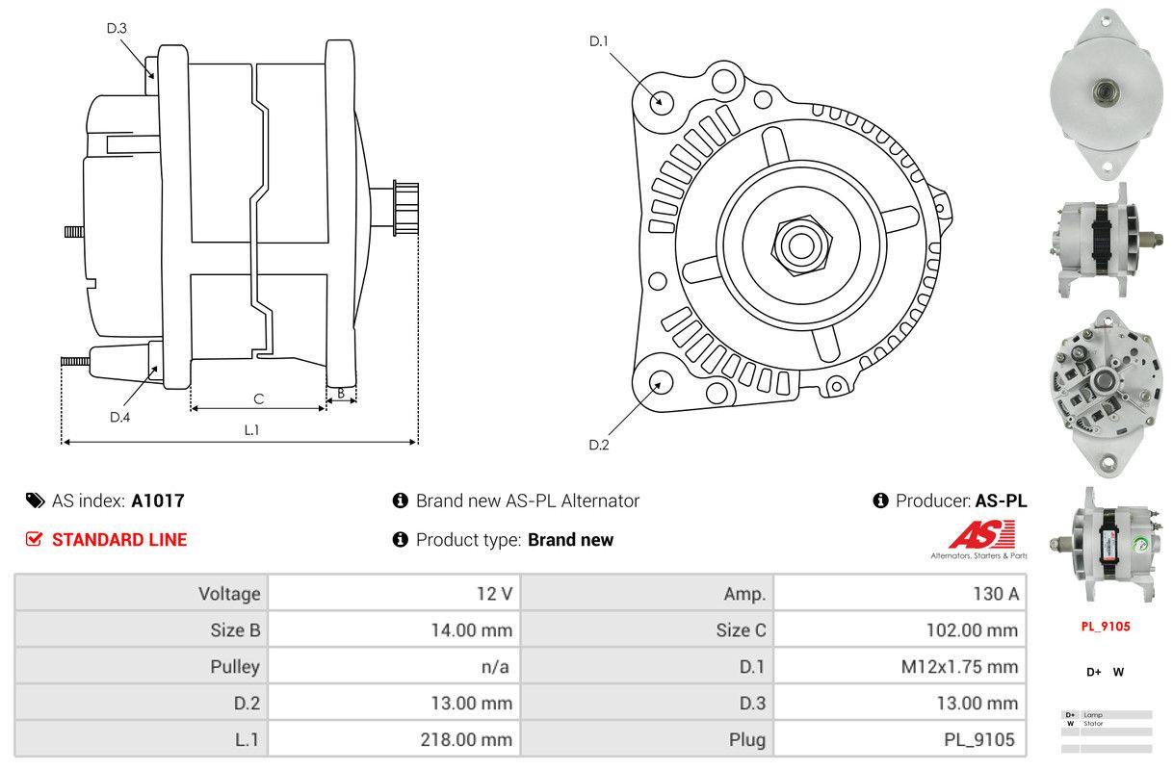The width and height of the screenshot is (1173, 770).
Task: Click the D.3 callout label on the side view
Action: tap(117, 28)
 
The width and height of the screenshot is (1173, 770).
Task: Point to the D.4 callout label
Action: tap(119, 417)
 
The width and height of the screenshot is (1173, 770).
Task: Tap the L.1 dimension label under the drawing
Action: tap(251, 430)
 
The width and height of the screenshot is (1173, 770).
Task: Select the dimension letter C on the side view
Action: tap(258, 398)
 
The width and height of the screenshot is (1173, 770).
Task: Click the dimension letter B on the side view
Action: tap(341, 393)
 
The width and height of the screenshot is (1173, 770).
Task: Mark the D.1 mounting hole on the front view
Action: tap(661, 101)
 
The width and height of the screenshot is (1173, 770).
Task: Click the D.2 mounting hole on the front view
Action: tap(660, 381)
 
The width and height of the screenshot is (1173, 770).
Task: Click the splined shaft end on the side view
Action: tap(405, 208)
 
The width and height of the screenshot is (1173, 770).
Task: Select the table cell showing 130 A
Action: tap(900, 593)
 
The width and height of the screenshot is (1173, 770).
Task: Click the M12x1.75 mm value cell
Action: tap(900, 666)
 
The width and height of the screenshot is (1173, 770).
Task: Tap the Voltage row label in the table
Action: tap(142, 593)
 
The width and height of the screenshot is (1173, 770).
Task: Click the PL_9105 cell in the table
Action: tap(900, 739)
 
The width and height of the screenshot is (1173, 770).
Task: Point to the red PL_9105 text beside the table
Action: tap(1105, 626)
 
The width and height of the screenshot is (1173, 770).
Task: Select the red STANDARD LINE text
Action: tap(119, 539)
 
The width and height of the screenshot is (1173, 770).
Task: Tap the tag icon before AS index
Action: tap(35, 500)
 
